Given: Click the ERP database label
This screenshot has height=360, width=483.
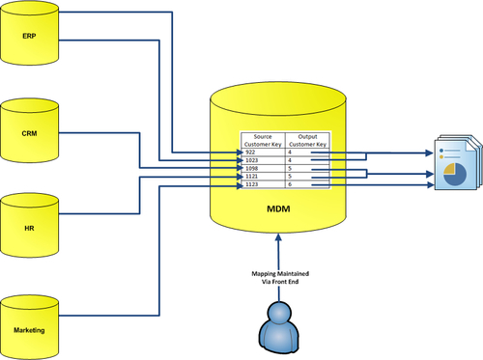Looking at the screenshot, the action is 29,36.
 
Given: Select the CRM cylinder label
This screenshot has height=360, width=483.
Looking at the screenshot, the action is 29,133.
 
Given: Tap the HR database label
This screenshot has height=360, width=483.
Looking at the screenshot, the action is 29,229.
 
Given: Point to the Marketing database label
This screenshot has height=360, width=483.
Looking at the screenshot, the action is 29,330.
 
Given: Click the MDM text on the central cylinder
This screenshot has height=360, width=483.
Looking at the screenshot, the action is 278,208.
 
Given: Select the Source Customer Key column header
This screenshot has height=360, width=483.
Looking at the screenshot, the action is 263,140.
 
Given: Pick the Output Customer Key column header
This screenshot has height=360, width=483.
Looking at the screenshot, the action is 307,140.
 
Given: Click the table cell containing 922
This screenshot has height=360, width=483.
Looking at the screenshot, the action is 264,152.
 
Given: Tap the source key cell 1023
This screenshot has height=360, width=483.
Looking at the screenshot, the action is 264,160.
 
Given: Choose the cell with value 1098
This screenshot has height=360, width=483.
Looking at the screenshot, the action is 264,168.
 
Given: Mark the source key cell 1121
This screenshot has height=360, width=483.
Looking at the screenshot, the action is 264,177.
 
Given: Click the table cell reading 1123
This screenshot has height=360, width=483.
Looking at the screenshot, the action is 264,184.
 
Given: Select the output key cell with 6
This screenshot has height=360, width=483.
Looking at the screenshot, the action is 307,184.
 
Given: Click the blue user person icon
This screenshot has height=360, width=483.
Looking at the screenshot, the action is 279,327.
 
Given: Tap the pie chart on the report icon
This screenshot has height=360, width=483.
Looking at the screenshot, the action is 455,174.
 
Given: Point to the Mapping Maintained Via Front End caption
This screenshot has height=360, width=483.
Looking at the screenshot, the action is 280,278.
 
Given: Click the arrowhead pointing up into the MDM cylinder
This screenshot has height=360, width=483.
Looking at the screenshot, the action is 278,237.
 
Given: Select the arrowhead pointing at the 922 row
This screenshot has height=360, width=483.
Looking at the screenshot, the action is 240,152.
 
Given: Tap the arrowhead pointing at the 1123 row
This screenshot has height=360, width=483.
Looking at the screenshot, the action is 240,185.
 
